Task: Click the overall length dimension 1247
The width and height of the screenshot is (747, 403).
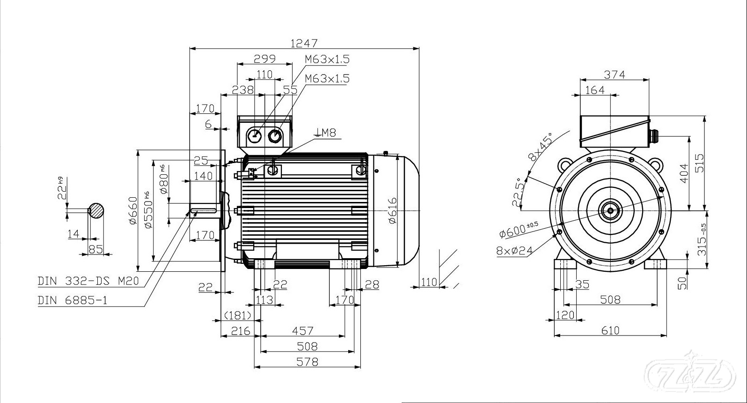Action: coord(304,43)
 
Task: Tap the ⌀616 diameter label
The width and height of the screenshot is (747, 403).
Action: coord(392,210)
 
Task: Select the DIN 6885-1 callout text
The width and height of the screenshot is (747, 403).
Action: coord(73,300)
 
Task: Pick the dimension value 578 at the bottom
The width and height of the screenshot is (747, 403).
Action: coord(308,362)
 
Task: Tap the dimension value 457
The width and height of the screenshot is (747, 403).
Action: coord(302,331)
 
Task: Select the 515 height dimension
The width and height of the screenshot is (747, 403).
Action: coord(700,163)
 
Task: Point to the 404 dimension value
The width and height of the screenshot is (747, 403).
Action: coord(684,173)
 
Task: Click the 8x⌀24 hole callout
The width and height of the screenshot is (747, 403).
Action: coord(514,251)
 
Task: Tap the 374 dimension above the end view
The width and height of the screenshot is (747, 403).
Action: coord(614,75)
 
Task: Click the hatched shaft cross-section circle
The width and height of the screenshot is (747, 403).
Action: coord(96,210)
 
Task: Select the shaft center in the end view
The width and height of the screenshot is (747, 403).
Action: coord(610,210)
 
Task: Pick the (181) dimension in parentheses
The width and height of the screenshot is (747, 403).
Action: coord(238,315)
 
